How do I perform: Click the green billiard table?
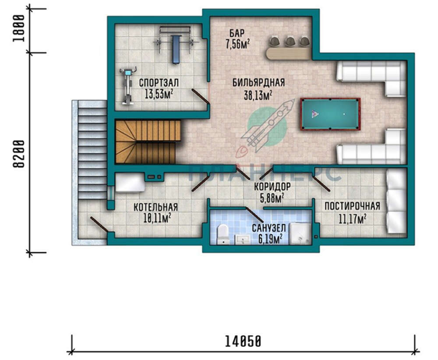[x=330, y=114]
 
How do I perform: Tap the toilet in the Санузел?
[x=223, y=234]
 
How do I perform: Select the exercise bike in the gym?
[x=128, y=86]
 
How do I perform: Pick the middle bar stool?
[x=290, y=41]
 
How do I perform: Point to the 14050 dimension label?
[x=243, y=341]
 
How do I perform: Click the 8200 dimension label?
[x=19, y=154]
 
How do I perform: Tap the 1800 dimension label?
[x=18, y=28]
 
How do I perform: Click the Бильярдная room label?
[x=259, y=83]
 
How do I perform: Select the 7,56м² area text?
[x=238, y=44]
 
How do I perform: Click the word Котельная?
[x=155, y=207]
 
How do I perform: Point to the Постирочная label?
[x=352, y=206]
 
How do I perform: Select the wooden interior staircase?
[x=148, y=141]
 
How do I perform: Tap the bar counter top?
[x=288, y=53]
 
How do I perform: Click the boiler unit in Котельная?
[x=130, y=183]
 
